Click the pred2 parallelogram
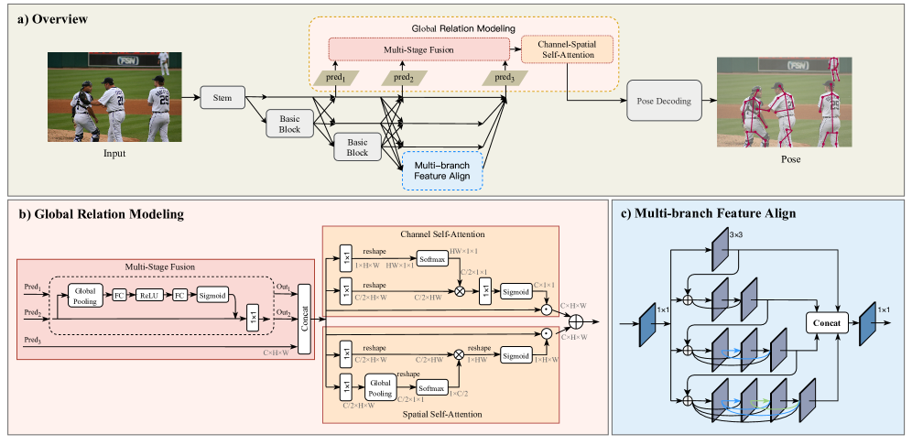click(404, 77)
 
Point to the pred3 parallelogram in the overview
click(505, 77)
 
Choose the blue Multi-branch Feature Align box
click(442, 169)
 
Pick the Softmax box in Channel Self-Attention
click(434, 260)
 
